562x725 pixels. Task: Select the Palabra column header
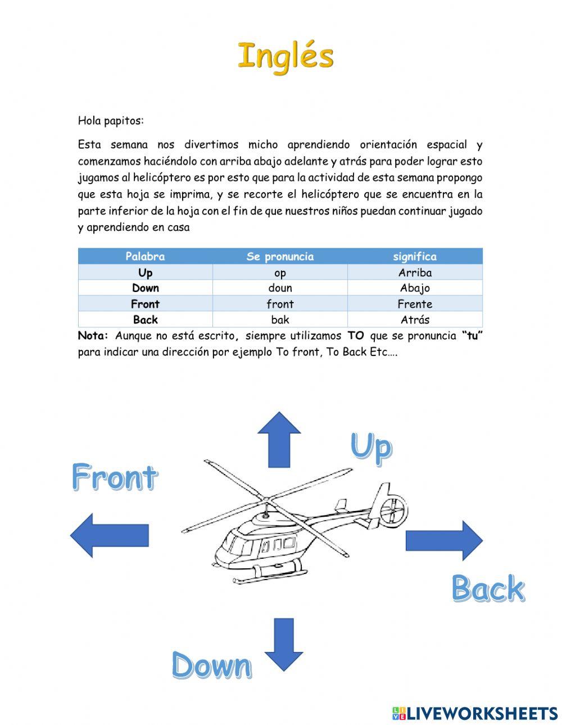coord(145,257)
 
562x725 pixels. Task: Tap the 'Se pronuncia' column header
coord(280,257)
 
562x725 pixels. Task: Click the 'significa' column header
coord(415,257)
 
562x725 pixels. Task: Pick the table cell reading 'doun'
coord(280,288)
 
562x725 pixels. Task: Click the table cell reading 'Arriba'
coord(415,273)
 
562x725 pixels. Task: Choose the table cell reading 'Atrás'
coord(415,320)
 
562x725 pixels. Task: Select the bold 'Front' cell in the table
coord(145,304)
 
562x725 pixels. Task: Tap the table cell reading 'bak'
coord(280,320)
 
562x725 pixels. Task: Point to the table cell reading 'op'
coord(280,273)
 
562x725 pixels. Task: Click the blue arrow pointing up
coord(279,439)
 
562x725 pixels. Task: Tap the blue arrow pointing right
coord(444,540)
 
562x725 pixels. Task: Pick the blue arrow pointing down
coord(283,644)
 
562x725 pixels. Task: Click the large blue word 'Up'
coord(371,448)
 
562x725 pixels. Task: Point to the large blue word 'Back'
coord(488,589)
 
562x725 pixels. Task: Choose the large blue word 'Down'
coord(211,666)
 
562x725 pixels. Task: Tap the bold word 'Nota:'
coord(93,336)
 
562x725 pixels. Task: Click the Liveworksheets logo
coord(475,713)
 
